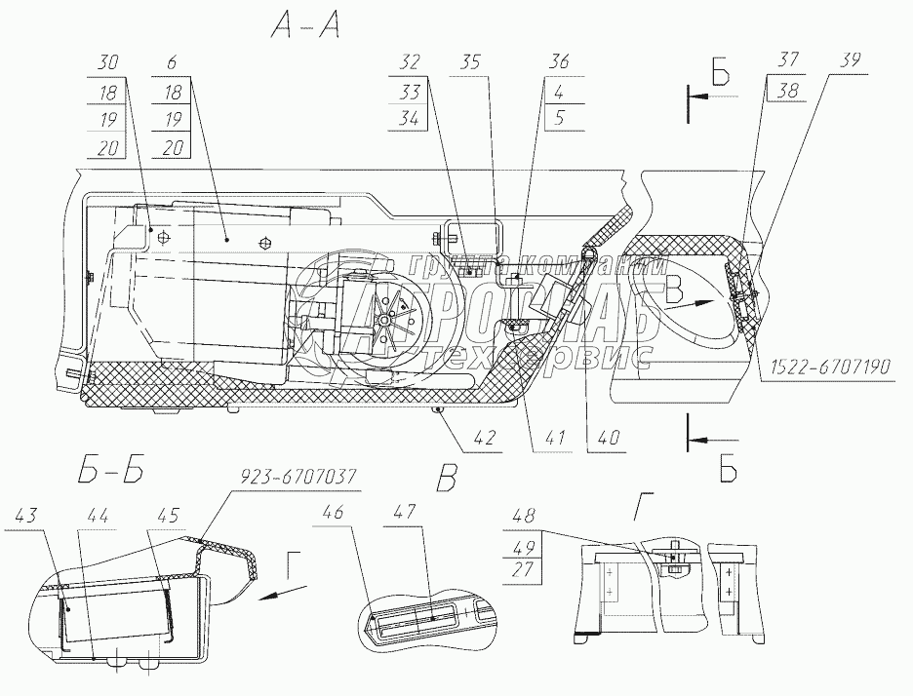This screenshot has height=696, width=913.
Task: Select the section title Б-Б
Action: [107, 475]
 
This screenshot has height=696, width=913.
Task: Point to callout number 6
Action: [172, 61]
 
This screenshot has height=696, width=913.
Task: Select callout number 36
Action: [559, 61]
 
